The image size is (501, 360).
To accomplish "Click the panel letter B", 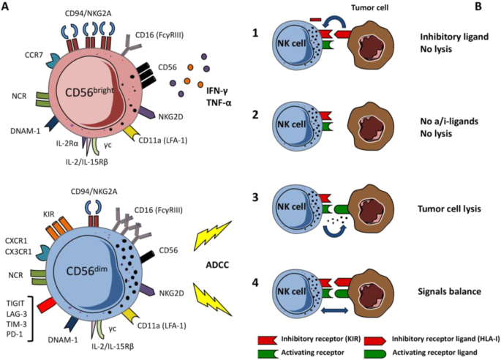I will (478, 7).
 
